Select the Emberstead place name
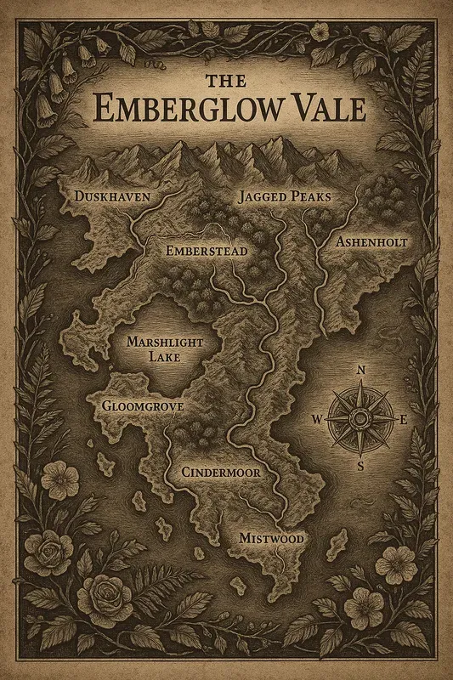(x=207, y=252)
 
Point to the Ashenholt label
(x=372, y=242)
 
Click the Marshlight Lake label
(x=166, y=349)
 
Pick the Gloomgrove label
(x=142, y=407)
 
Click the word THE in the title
(x=227, y=82)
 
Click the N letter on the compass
(x=360, y=370)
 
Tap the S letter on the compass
(x=360, y=466)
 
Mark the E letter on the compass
(x=404, y=418)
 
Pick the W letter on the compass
(x=317, y=418)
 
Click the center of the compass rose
(x=360, y=418)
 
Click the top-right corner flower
(x=320, y=31)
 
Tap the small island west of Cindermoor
(x=106, y=463)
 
